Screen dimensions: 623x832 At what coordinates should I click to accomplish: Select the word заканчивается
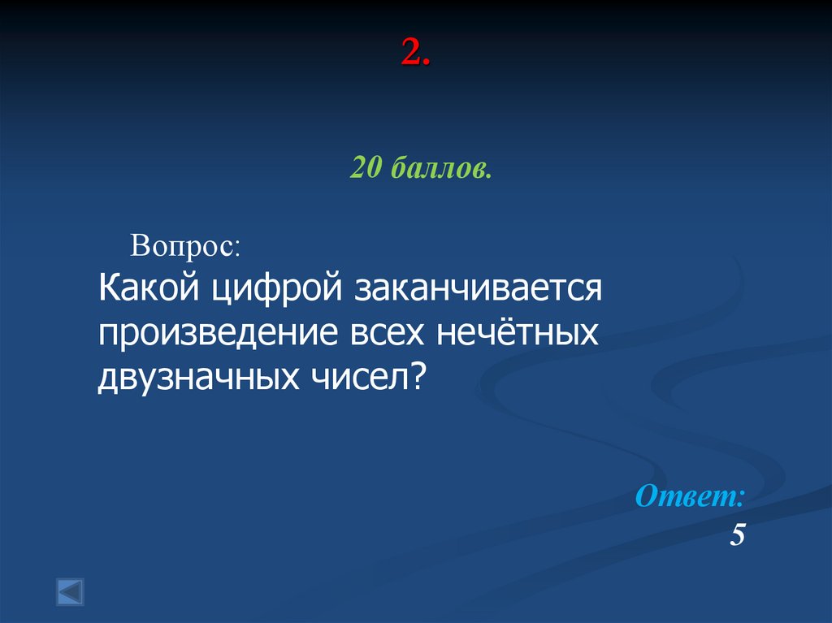click(478, 290)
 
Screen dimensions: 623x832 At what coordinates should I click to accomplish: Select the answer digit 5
click(737, 536)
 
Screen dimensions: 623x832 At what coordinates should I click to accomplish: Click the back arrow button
click(70, 591)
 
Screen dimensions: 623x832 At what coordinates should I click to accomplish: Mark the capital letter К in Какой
click(110, 289)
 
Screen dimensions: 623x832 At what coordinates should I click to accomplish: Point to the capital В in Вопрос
click(141, 246)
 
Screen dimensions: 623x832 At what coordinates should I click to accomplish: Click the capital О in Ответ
click(648, 496)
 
